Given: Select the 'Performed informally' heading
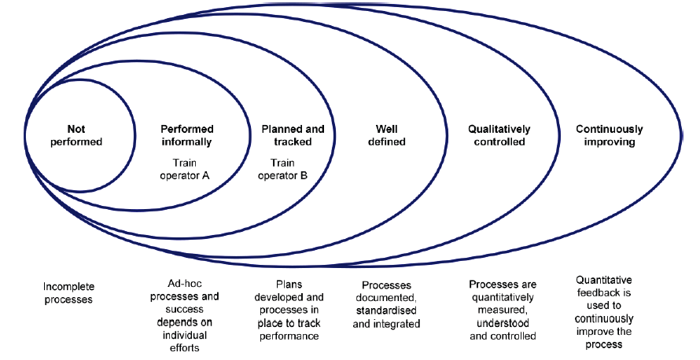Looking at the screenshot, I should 186,135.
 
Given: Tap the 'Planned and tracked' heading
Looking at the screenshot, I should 286,135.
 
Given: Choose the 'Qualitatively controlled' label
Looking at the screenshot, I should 499,135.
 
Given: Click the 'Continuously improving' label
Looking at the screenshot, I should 610,135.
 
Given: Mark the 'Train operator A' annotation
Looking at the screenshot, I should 186,169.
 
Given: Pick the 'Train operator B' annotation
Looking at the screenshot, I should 286,169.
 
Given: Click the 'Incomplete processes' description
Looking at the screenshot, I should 68,293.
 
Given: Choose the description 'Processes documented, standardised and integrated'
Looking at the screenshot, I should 386,304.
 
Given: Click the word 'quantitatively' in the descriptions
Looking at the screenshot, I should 501,297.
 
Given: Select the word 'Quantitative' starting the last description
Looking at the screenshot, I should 604,281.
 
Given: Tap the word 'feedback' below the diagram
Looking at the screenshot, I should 604,293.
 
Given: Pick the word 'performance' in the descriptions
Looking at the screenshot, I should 288,336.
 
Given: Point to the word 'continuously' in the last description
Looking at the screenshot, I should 604,319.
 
